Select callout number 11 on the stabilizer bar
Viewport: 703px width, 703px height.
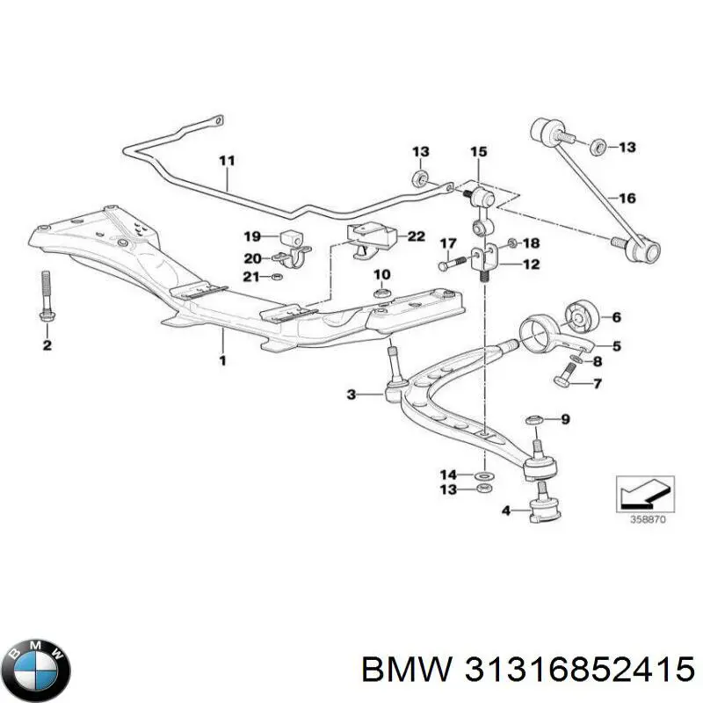pyautogui.click(x=227, y=161)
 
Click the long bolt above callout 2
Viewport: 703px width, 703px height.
pyautogui.click(x=46, y=294)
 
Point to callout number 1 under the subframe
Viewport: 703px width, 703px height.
pyautogui.click(x=222, y=360)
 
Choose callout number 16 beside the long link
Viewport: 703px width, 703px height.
pyautogui.click(x=627, y=199)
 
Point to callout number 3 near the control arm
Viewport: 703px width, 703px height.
pyautogui.click(x=351, y=395)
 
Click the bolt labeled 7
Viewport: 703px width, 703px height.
pyautogui.click(x=564, y=380)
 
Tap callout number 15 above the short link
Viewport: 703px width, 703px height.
pyautogui.click(x=477, y=153)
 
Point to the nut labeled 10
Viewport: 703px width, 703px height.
pyautogui.click(x=381, y=293)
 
